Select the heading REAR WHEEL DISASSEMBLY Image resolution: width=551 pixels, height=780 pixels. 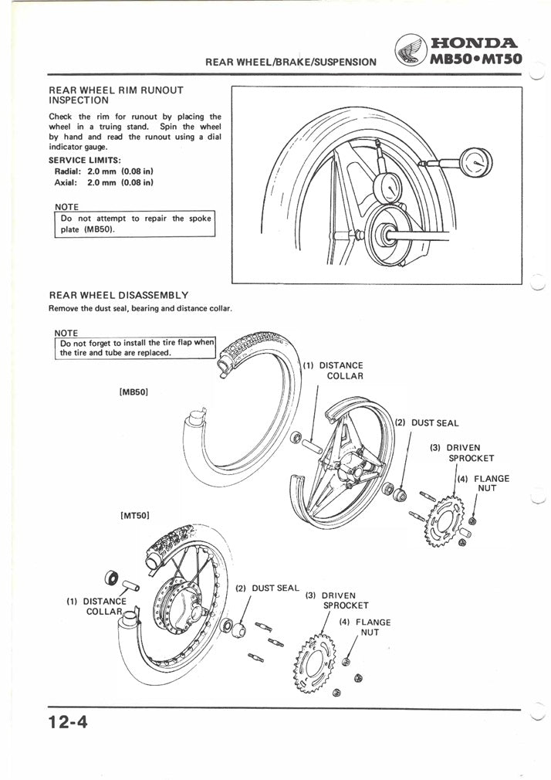pos(119,295)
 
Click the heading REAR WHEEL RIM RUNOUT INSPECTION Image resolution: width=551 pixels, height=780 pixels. pos(116,95)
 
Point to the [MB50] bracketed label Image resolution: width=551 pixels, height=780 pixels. pos(134,392)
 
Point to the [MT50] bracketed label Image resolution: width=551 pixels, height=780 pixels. pos(134,514)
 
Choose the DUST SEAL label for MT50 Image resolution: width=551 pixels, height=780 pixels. pos(267,588)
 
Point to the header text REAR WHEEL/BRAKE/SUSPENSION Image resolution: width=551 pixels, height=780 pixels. pos(291,61)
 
